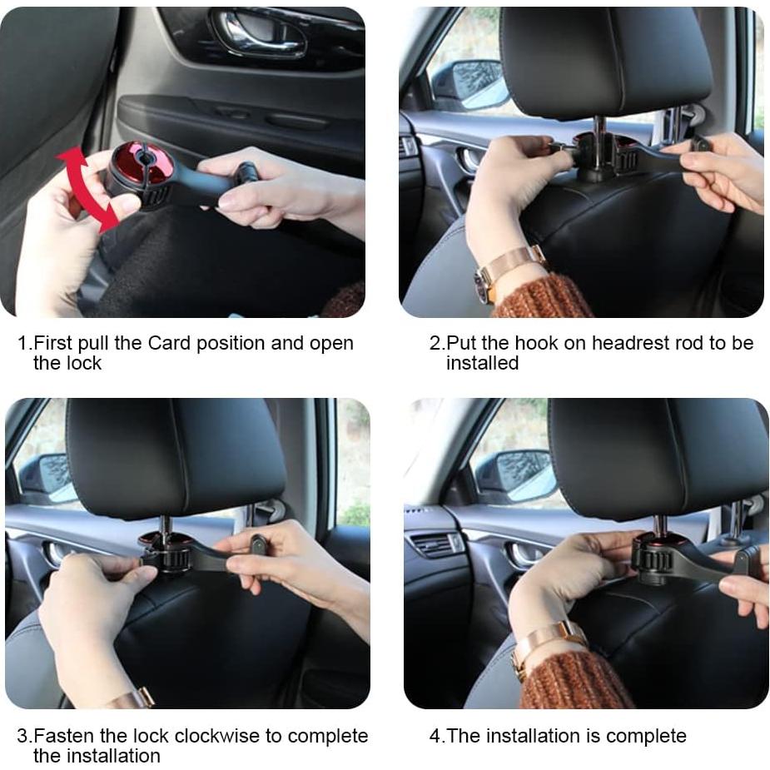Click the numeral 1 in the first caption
[x=22, y=343]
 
